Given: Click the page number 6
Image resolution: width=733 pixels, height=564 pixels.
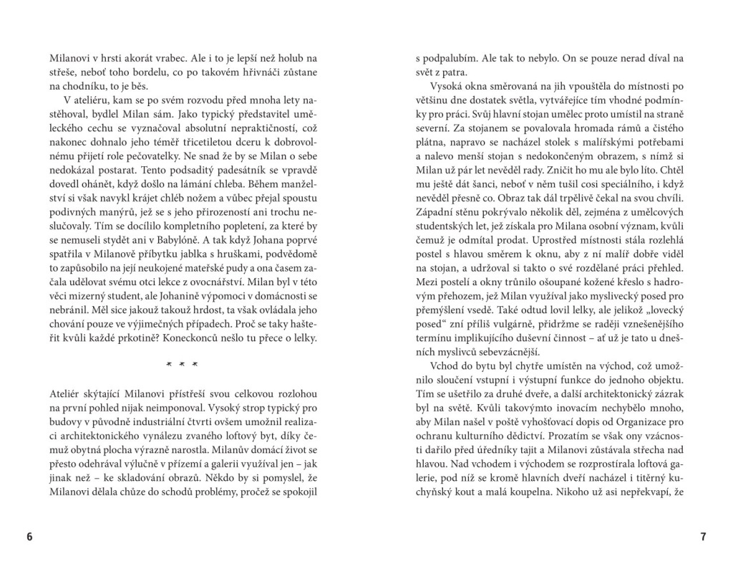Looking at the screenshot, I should click(x=29, y=537).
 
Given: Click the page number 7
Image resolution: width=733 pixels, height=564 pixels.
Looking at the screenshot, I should click(x=703, y=537).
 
